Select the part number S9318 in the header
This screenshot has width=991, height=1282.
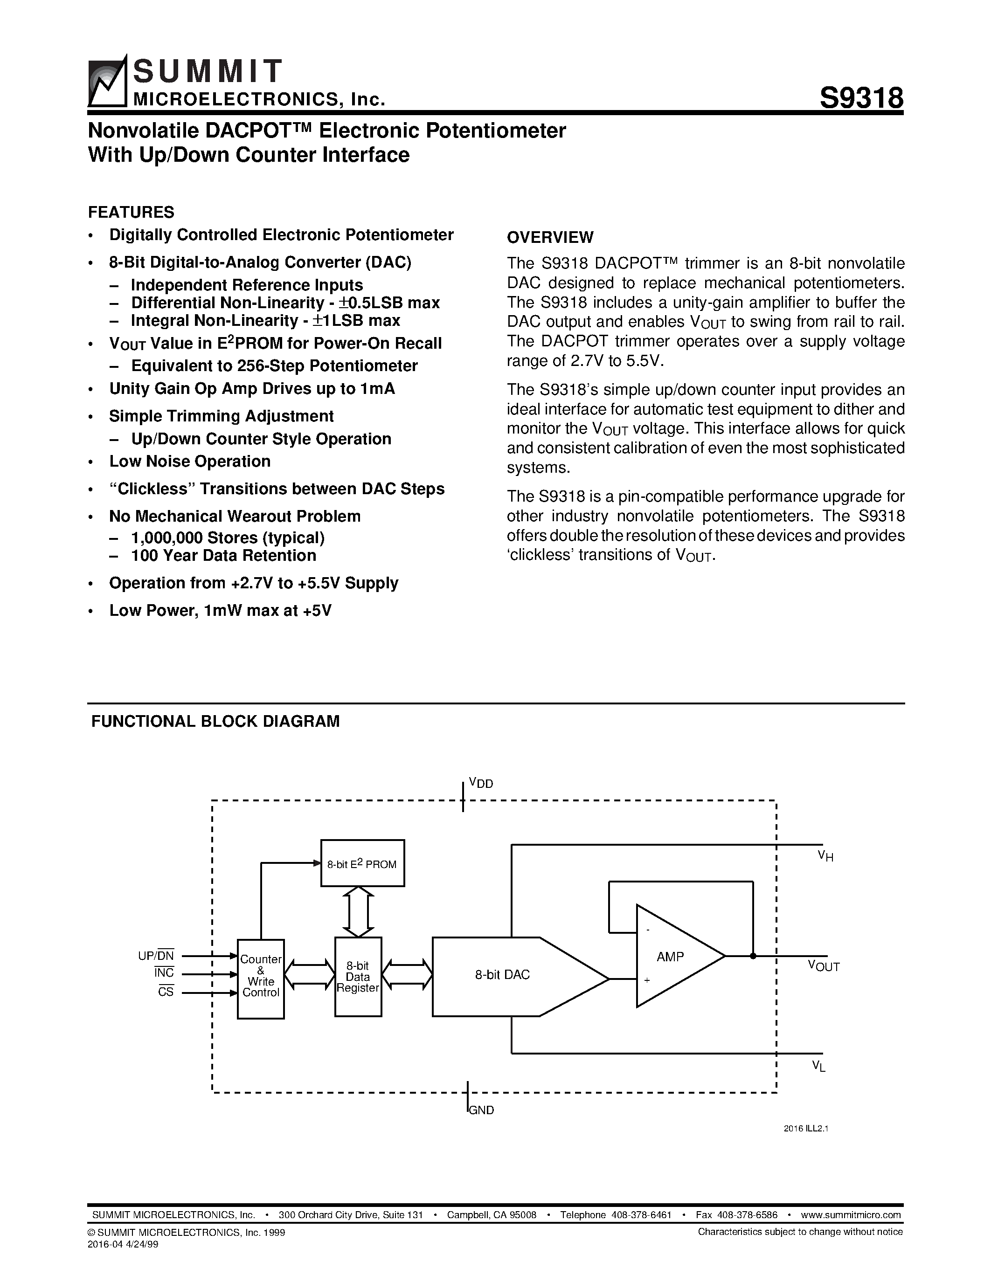coord(861,97)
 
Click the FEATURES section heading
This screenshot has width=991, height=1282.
coord(131,212)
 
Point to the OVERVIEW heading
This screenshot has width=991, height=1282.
coord(550,237)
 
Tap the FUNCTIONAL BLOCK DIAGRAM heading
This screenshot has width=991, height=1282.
coord(215,722)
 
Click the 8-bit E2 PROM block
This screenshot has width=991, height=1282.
coord(362,863)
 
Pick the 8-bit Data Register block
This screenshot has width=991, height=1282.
coord(358,977)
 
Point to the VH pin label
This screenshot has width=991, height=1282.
coord(825,856)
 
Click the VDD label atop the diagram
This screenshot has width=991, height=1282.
coord(481,783)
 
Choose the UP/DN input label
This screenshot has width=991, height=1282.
coord(156,956)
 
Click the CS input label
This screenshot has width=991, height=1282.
coord(166,993)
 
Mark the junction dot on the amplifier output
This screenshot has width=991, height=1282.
coord(753,956)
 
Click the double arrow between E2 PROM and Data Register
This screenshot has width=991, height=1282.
coord(358,911)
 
